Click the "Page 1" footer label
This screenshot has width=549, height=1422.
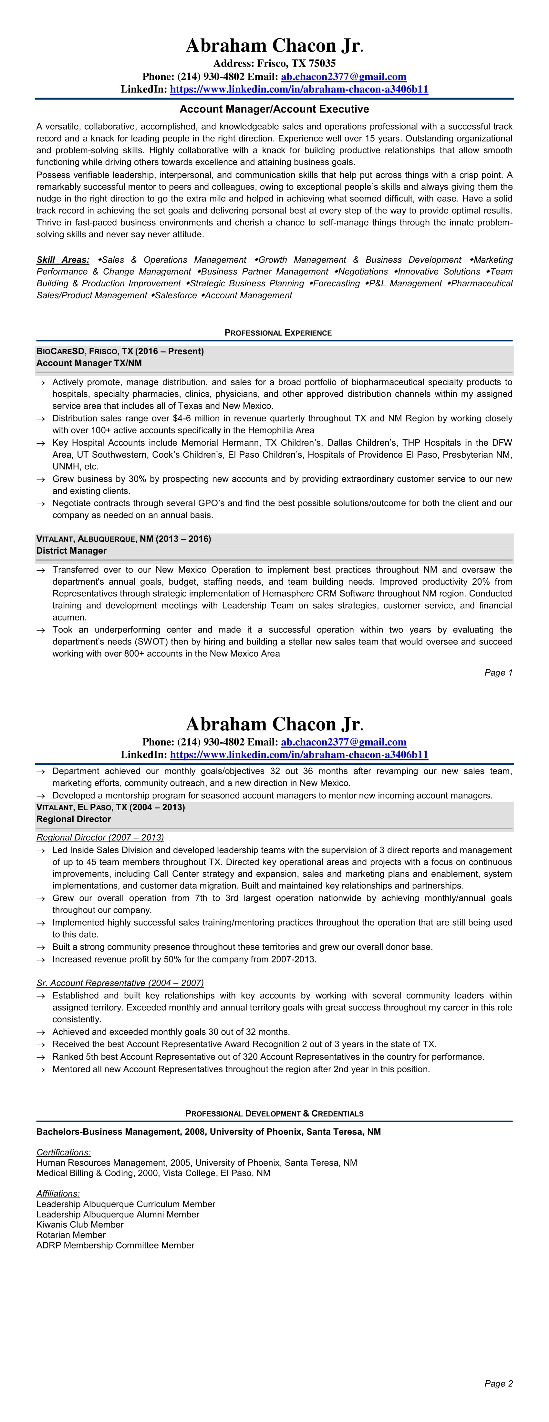point(498,672)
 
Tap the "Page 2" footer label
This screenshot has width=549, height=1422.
point(498,1383)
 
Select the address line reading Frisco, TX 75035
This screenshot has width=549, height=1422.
point(274,63)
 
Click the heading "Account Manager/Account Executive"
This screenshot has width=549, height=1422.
point(274,109)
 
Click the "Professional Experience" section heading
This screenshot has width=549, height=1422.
point(278,333)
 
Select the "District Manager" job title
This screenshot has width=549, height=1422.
point(71,550)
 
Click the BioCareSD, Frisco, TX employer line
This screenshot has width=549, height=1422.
point(120,351)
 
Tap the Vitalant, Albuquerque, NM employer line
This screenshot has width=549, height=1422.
point(124,539)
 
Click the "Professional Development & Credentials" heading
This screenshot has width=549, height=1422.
point(274,1113)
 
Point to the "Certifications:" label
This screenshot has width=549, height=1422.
point(63,1152)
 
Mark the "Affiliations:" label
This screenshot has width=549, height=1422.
point(58,1194)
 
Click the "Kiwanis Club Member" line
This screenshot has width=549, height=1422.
point(80,1225)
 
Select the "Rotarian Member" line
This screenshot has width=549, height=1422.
point(71,1235)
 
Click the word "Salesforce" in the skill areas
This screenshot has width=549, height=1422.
point(175,295)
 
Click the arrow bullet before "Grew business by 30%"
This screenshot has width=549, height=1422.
point(40,480)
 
